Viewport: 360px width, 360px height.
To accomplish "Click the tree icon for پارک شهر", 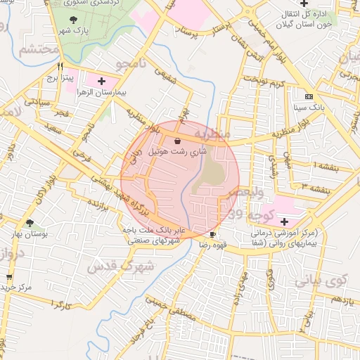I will pyautogui.click(x=74, y=20).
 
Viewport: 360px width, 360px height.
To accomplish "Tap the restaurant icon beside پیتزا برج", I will pyautogui.click(x=60, y=68).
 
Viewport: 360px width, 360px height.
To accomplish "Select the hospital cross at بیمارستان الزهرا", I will pyautogui.click(x=104, y=82).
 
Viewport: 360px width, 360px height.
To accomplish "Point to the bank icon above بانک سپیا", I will pyautogui.click(x=309, y=96).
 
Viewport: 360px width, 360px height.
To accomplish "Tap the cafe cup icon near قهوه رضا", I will pyautogui.click(x=213, y=234).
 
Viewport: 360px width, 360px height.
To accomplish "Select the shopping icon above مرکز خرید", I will pyautogui.click(x=8, y=277).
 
